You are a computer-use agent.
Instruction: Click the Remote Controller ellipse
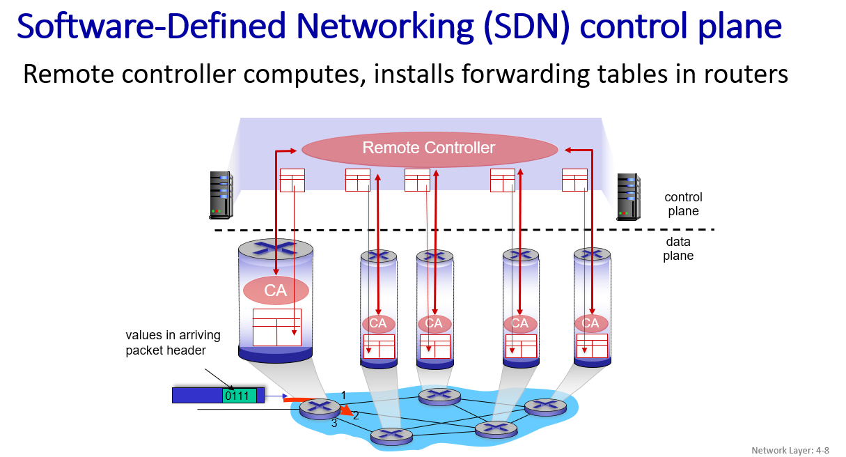[429, 148]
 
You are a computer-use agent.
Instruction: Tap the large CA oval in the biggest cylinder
[276, 291]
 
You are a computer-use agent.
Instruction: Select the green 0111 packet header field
[239, 396]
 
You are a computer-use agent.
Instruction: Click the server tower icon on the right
[628, 197]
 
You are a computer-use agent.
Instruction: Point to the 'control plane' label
[683, 204]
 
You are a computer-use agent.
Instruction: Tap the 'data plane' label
[678, 249]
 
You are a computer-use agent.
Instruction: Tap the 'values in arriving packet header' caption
[173, 343]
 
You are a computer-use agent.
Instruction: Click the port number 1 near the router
[343, 396]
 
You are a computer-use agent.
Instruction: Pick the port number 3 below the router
[334, 423]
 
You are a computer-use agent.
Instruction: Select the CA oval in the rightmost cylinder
[590, 323]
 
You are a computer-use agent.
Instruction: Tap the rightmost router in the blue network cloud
[546, 406]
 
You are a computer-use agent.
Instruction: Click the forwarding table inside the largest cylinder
[276, 327]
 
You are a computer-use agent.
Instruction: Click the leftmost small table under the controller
[292, 180]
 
